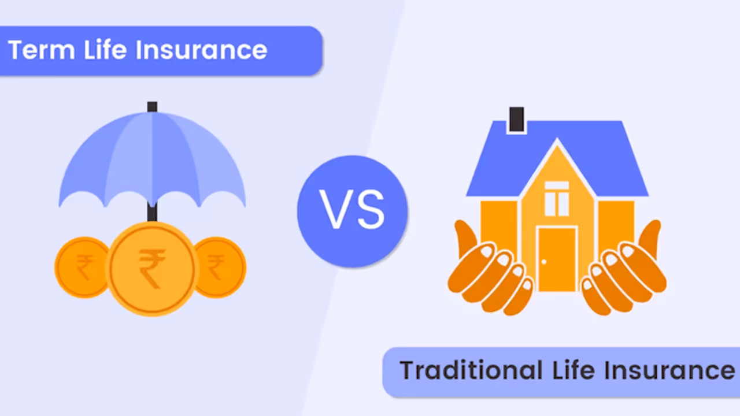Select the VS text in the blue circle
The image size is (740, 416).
click(352, 211)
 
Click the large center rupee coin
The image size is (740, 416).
click(151, 269)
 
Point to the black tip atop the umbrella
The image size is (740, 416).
click(152, 107)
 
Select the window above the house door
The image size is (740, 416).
click(557, 198)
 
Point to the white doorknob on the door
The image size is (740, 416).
click(544, 261)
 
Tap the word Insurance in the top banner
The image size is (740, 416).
click(202, 50)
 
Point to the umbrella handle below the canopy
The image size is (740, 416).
click(152, 213)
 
